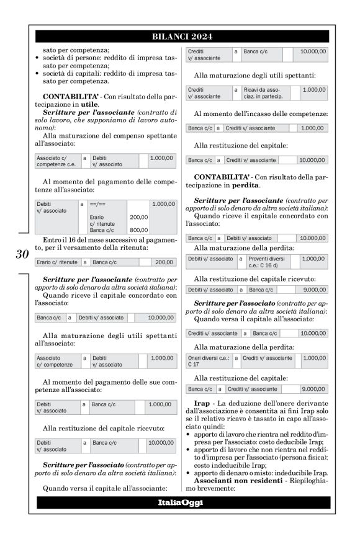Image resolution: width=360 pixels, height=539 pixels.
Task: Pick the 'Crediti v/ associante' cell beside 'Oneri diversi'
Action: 268,358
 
